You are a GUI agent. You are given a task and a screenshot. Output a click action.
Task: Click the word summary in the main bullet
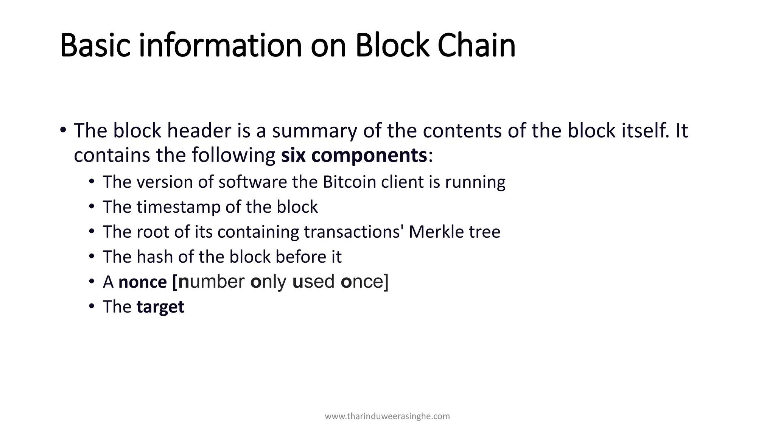(x=314, y=131)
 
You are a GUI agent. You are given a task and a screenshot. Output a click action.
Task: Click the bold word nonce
(x=143, y=282)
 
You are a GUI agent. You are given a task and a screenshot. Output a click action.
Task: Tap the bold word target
(x=160, y=307)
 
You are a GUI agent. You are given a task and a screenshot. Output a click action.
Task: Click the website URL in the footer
(x=387, y=416)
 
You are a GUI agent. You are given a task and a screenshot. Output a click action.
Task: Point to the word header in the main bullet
(x=199, y=131)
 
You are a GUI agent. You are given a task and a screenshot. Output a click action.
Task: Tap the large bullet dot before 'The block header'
(x=63, y=130)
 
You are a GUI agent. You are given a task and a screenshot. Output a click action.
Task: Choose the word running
(x=475, y=182)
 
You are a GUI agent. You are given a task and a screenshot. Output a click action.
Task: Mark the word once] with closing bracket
(x=364, y=282)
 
